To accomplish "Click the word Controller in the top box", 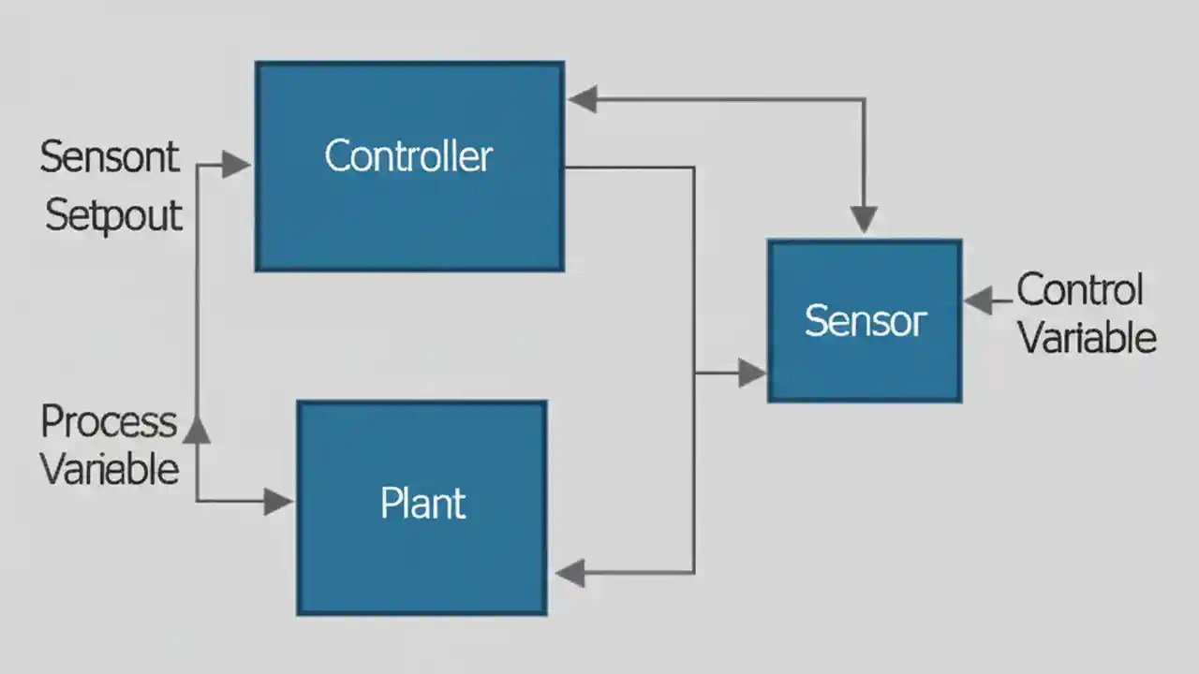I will click(408, 155).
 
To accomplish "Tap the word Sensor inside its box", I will click(865, 321).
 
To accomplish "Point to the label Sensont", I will click(109, 157).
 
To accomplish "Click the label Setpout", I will click(113, 216).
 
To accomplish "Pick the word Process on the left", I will click(109, 422).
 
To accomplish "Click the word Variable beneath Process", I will click(110, 468).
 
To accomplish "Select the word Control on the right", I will click(1080, 290).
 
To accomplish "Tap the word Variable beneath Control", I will click(1088, 337).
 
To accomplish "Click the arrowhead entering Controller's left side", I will click(236, 166).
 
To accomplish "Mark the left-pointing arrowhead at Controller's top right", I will click(583, 99).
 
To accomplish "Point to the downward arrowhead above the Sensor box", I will click(864, 220).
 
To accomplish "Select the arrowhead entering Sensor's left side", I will click(751, 374).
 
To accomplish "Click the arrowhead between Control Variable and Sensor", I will click(978, 301).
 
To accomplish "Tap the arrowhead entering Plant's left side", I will click(277, 502).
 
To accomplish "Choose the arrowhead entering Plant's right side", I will click(570, 572).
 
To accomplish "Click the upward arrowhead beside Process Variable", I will click(197, 430).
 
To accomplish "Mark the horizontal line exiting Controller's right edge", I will click(628, 168).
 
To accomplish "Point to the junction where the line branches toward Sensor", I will click(694, 374).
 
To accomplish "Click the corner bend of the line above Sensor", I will click(864, 99).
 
